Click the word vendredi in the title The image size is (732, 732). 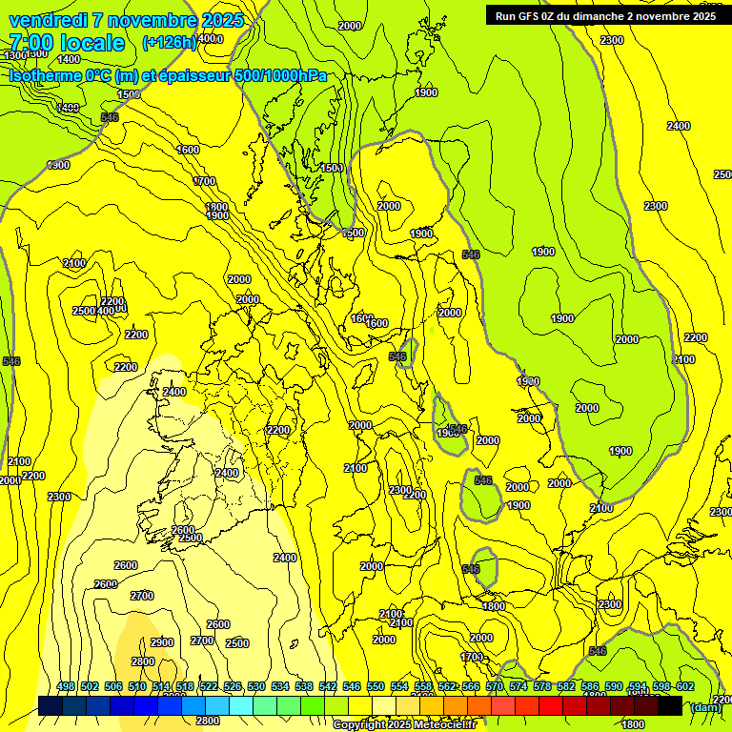[x=44, y=20]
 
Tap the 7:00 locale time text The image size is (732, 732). [x=67, y=43]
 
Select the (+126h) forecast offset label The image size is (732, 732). [x=169, y=42]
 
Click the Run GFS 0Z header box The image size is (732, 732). [x=605, y=15]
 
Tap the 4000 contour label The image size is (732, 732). [x=210, y=39]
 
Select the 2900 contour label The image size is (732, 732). [x=162, y=642]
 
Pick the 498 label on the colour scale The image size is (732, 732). [x=66, y=686]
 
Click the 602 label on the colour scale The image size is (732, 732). [x=685, y=686]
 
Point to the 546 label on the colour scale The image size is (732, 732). [x=352, y=686]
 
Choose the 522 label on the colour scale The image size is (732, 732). [x=209, y=686]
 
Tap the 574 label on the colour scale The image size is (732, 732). [x=518, y=686]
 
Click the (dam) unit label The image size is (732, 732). [x=705, y=707]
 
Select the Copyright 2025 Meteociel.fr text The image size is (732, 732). [x=403, y=724]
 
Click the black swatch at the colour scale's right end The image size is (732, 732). [x=669, y=705]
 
